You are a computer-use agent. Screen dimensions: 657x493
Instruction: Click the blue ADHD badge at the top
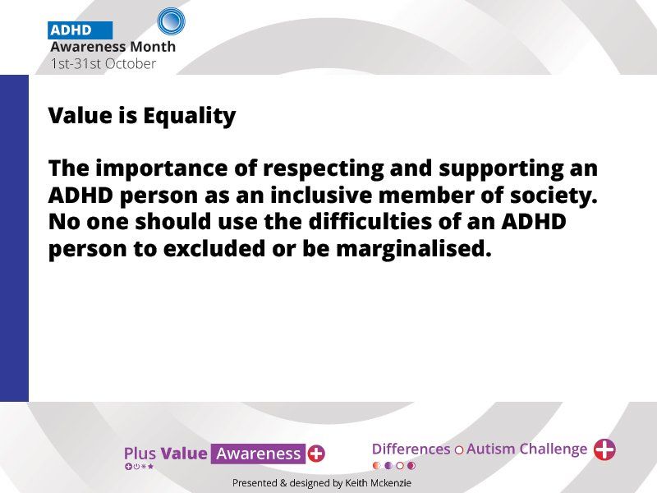[80, 30]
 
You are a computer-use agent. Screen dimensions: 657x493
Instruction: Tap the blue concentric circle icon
[171, 21]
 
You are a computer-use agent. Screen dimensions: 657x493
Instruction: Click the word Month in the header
[153, 47]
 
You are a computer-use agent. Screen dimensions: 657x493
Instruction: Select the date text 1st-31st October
[103, 64]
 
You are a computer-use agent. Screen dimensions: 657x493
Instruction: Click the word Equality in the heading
[190, 116]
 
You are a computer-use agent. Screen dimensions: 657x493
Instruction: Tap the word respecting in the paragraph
[323, 169]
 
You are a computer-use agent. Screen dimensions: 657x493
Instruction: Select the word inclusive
[321, 196]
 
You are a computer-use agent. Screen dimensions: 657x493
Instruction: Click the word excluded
[214, 248]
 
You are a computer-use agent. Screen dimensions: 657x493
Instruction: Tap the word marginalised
[414, 249]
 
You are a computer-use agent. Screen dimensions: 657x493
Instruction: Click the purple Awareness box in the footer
[258, 454]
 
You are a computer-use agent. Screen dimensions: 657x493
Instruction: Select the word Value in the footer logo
[184, 454]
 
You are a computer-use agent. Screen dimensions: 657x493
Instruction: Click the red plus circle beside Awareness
[316, 454]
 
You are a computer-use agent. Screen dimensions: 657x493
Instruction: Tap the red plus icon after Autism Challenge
[604, 449]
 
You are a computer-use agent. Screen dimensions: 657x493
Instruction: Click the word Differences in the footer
[411, 449]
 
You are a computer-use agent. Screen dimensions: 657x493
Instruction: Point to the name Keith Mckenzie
[378, 483]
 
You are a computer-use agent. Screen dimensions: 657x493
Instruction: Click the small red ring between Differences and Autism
[459, 450]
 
